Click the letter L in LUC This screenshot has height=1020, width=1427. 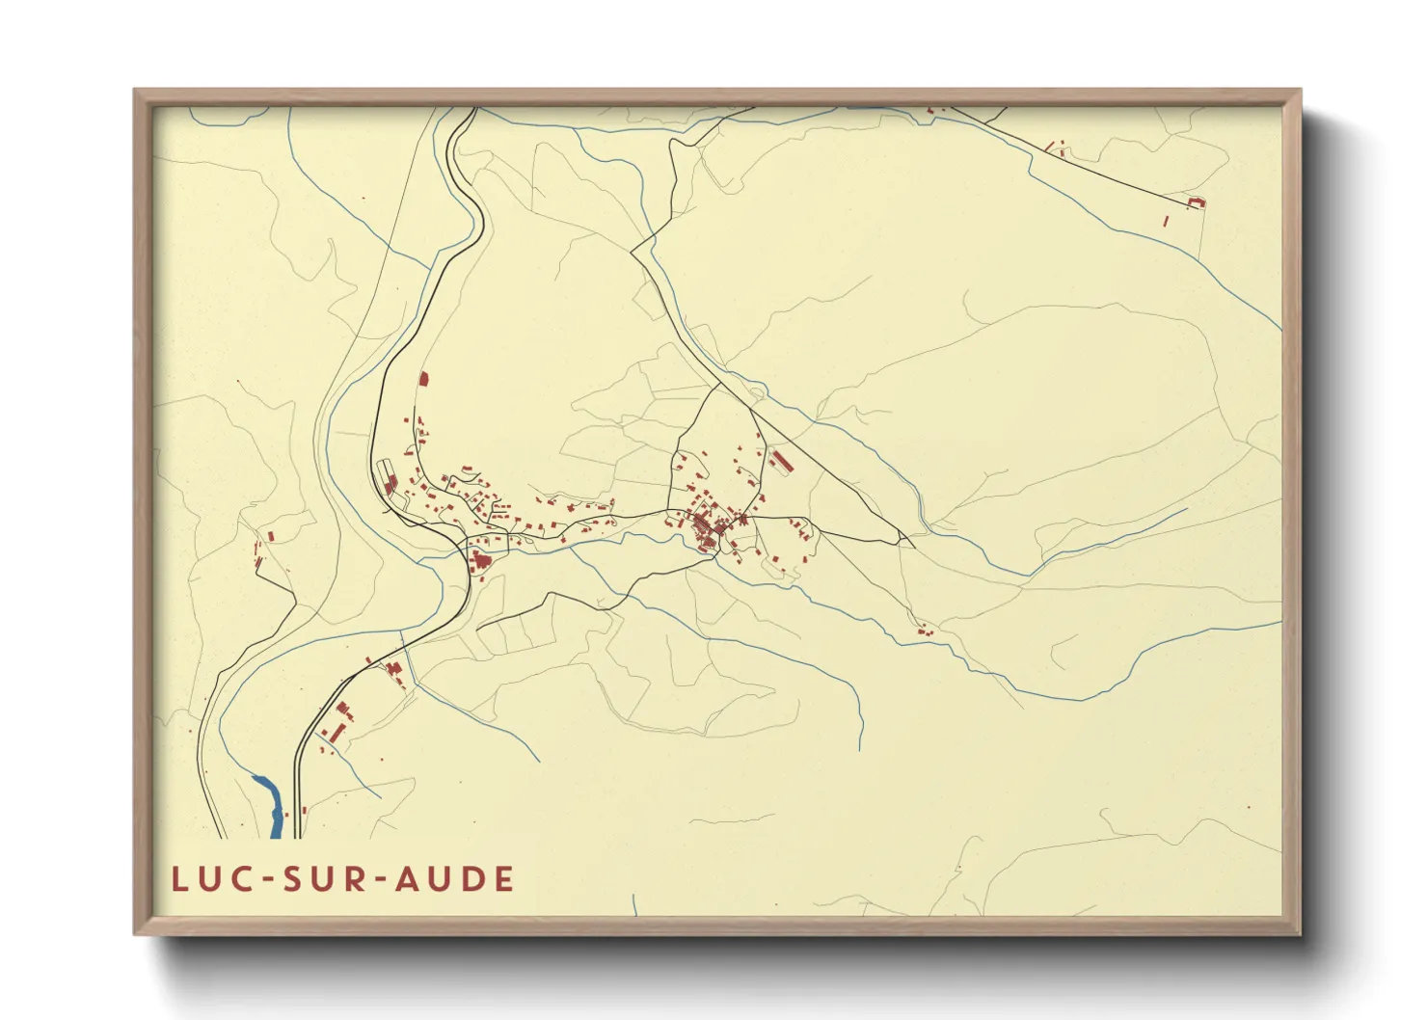179,879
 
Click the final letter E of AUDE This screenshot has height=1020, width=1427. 502,879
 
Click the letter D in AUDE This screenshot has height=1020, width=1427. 472,879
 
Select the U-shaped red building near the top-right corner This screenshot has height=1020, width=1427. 1197,201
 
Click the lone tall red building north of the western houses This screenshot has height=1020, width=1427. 423,378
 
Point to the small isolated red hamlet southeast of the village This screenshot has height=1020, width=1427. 925,632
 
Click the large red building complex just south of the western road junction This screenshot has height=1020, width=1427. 479,559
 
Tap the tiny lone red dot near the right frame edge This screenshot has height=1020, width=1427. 1248,808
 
